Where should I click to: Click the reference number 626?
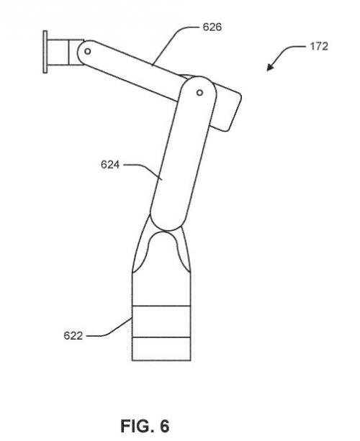click(x=212, y=27)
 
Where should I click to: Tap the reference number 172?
click(x=319, y=47)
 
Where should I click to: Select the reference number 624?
click(x=110, y=165)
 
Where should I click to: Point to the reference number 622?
click(x=73, y=335)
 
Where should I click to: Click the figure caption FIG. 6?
click(x=145, y=426)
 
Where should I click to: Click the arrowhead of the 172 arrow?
click(x=270, y=68)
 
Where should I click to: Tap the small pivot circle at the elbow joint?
click(x=199, y=93)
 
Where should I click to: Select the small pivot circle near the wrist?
click(x=88, y=51)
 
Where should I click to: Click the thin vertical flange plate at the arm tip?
click(x=45, y=52)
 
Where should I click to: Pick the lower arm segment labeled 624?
click(x=183, y=153)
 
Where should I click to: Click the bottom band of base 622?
click(x=161, y=349)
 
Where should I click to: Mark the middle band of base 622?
click(x=161, y=321)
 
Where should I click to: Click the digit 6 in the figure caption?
click(x=164, y=426)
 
